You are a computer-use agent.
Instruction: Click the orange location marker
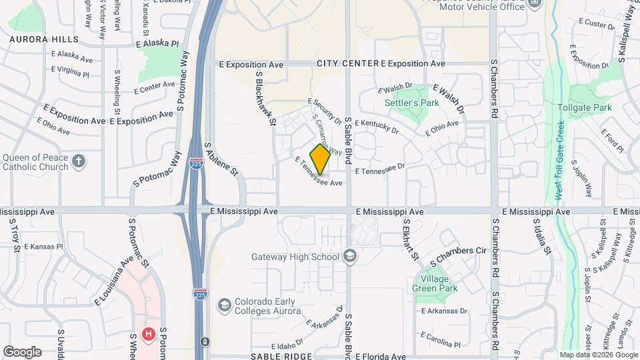tap(320, 159)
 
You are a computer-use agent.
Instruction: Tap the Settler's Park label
tap(412, 103)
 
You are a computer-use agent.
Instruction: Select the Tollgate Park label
tap(584, 107)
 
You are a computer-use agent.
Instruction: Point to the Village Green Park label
tap(437, 283)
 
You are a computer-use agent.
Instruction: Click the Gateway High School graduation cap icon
tap(350, 257)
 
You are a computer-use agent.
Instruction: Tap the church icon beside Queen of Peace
tap(79, 161)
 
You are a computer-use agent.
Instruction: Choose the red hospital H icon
tap(149, 333)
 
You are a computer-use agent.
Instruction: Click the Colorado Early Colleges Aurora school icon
tap(225, 305)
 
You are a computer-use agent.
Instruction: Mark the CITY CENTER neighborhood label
tap(347, 63)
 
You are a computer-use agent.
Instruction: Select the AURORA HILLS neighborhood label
tap(39, 39)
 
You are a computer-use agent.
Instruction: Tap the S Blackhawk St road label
tap(265, 98)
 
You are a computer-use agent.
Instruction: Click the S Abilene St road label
tap(221, 158)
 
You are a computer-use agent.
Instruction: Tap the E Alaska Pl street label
tap(157, 43)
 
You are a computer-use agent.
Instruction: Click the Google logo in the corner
tap(22, 351)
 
